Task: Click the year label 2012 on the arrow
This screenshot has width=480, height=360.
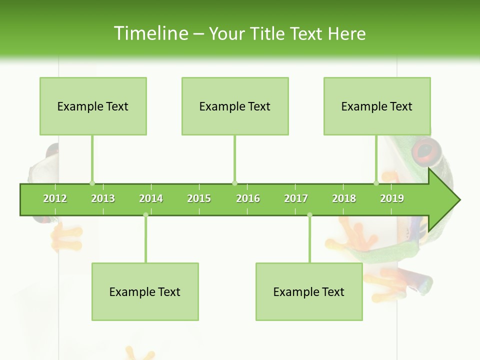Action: (55, 198)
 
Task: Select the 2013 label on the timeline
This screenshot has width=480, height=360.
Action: (103, 198)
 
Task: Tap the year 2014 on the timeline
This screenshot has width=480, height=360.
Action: (151, 198)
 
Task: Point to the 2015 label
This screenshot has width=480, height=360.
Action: (199, 198)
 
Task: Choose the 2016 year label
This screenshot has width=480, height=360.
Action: (248, 198)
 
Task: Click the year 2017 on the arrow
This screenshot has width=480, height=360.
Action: (296, 198)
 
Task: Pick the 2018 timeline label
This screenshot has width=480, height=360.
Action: (344, 198)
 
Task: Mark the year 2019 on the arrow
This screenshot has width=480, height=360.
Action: (392, 198)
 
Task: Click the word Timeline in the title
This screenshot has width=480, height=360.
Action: (150, 33)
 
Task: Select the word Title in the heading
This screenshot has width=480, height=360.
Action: (268, 33)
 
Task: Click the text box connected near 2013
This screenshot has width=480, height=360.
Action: (93, 106)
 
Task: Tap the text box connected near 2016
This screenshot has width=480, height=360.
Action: (235, 106)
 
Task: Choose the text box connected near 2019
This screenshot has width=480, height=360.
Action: (377, 106)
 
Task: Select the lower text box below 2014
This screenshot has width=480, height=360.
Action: (145, 291)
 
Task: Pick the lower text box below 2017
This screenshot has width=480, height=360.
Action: (309, 291)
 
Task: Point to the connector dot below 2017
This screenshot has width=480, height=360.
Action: (309, 215)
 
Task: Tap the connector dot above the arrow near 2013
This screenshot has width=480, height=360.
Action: (92, 183)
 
